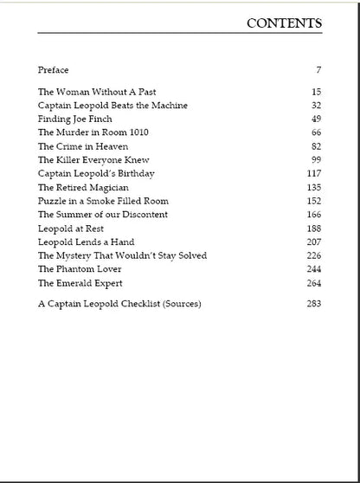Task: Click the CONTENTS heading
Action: point(284,23)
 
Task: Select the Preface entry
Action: point(53,69)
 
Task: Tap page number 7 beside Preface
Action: point(318,69)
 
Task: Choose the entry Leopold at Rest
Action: point(71,228)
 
